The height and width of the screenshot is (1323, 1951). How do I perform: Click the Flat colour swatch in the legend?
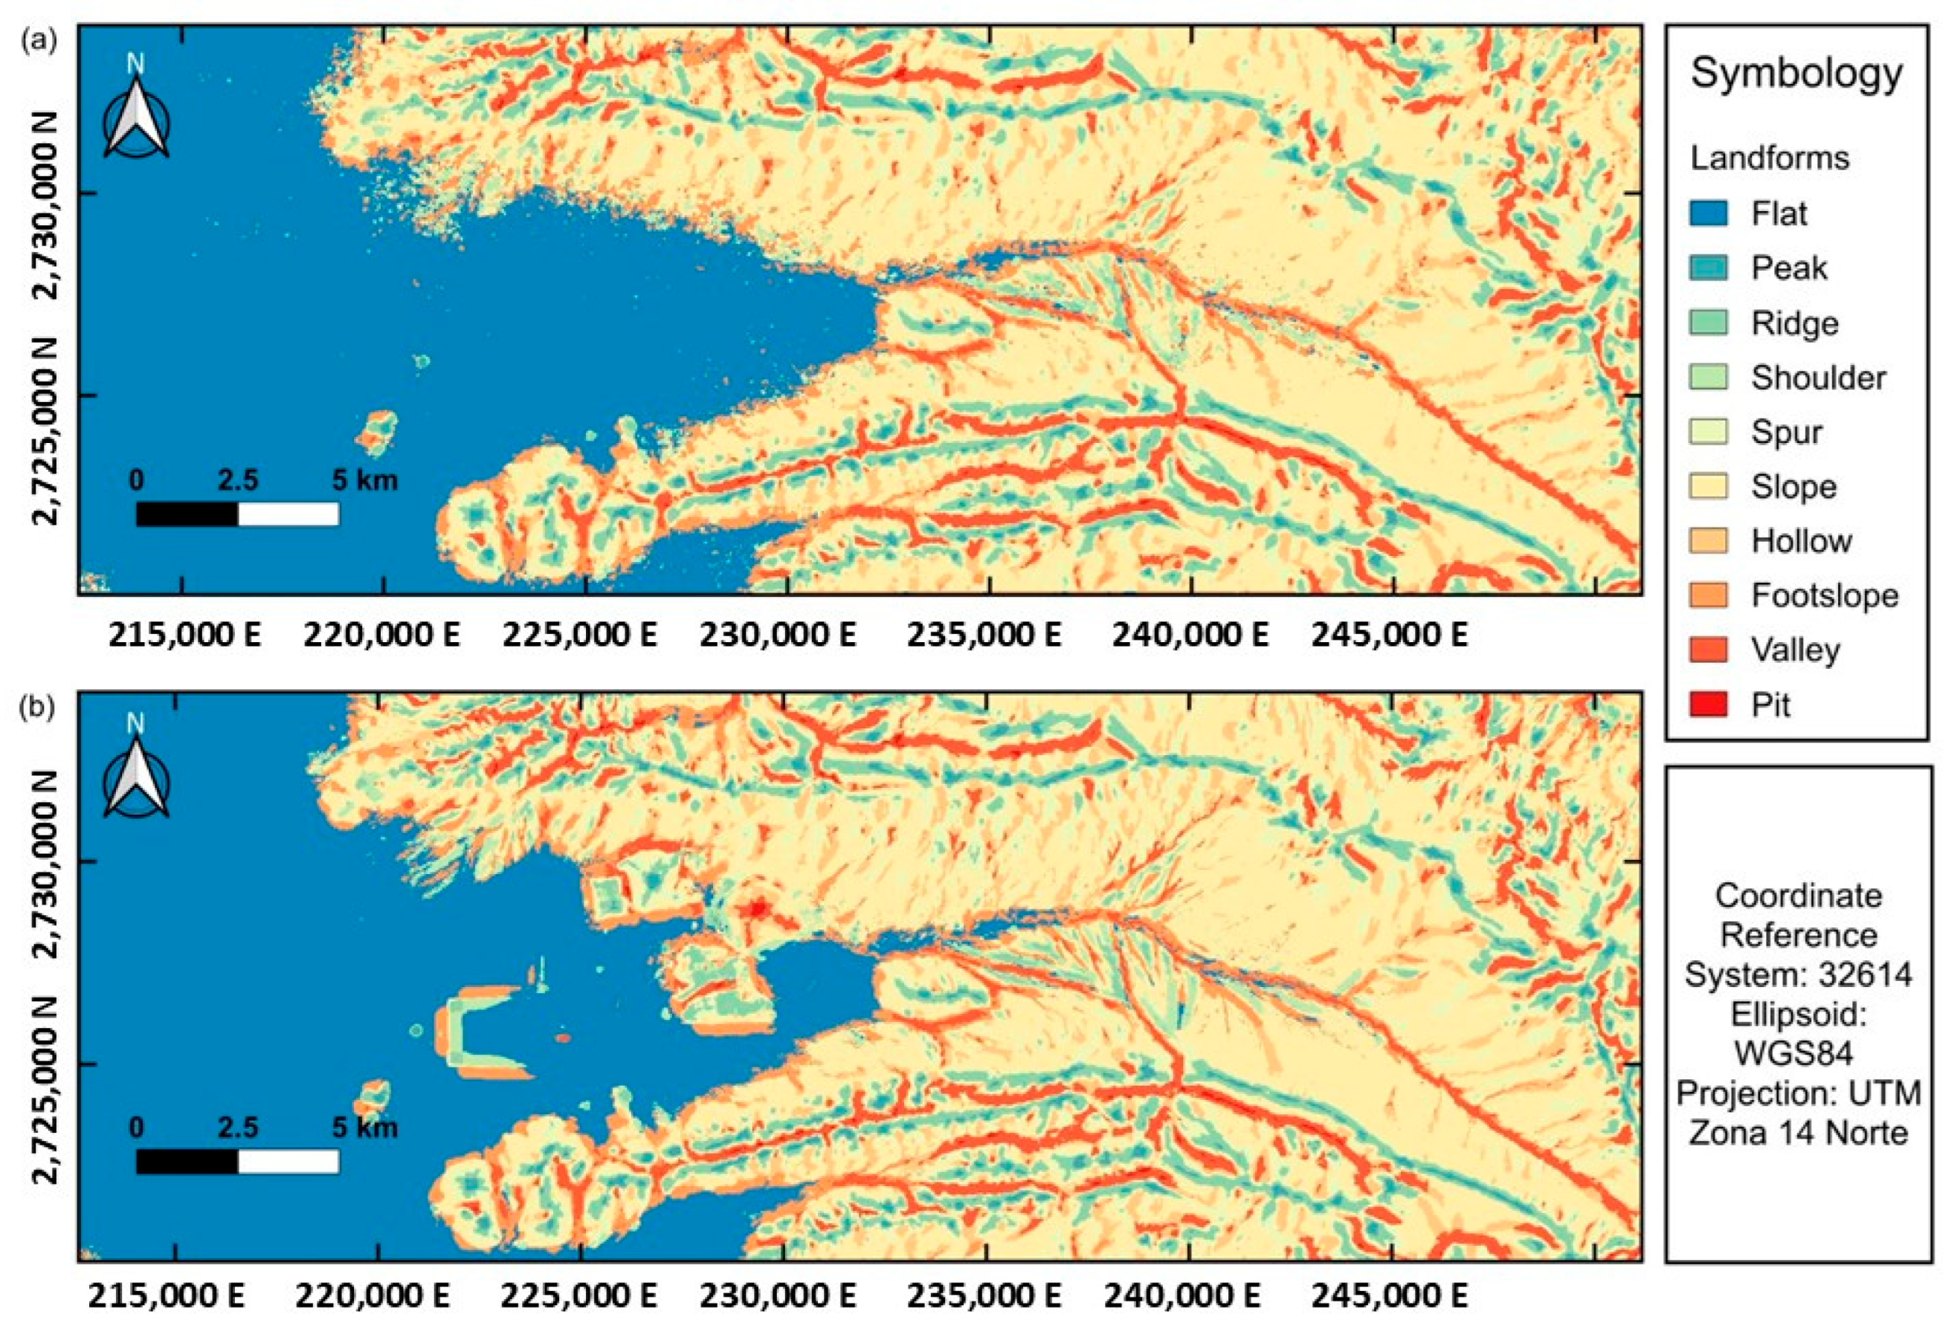click(1709, 213)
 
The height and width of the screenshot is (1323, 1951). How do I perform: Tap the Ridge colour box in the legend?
click(1709, 323)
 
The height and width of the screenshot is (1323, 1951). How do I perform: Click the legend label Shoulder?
click(1817, 378)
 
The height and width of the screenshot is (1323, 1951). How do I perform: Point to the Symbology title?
click(1796, 74)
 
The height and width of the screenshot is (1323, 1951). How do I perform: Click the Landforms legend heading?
click(1770, 158)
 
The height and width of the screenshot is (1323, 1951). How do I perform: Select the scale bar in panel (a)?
click(238, 514)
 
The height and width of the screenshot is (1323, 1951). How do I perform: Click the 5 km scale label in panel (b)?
click(365, 1128)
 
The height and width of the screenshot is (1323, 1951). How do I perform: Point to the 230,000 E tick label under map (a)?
click(778, 635)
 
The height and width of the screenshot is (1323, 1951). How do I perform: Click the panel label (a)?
click(39, 40)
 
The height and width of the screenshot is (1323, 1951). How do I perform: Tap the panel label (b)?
click(39, 708)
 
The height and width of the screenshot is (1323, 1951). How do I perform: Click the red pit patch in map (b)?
click(758, 908)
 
